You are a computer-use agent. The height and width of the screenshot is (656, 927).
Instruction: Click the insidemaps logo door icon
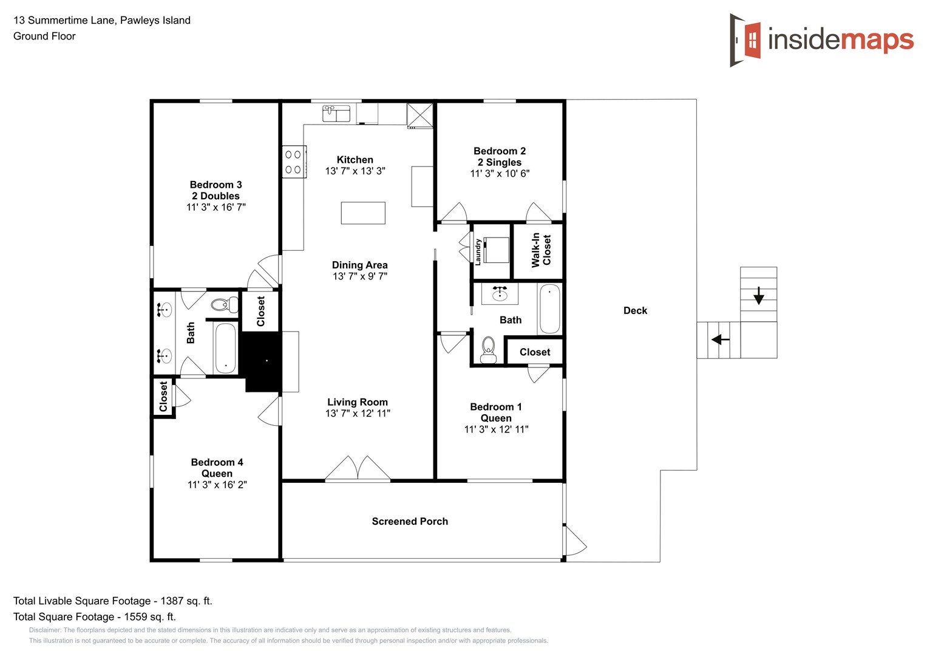745,40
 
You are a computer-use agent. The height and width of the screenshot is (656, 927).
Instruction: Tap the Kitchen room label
355,160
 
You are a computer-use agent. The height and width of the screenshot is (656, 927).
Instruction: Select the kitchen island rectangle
363,213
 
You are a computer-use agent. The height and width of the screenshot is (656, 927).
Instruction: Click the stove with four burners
294,162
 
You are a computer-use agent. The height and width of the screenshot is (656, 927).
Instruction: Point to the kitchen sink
336,114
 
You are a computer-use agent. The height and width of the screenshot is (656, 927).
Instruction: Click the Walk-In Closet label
541,250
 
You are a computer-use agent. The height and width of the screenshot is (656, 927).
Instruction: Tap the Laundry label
478,251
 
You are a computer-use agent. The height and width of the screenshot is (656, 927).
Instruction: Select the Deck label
635,310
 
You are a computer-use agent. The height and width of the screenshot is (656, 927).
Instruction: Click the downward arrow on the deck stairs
758,296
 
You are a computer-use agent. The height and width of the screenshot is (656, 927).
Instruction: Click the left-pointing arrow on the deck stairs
720,340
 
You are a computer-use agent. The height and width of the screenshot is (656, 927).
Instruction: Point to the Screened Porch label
410,521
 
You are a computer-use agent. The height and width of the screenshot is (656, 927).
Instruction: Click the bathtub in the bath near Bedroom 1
549,309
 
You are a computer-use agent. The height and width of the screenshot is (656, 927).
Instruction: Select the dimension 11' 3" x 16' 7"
216,207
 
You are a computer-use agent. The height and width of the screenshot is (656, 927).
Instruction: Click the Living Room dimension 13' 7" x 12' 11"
358,414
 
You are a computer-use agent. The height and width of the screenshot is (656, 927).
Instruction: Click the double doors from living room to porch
358,468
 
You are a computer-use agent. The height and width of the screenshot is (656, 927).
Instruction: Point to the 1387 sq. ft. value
186,601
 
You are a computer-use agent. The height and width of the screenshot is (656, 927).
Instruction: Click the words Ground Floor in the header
44,36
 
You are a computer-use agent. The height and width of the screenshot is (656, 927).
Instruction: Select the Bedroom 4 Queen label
217,468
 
